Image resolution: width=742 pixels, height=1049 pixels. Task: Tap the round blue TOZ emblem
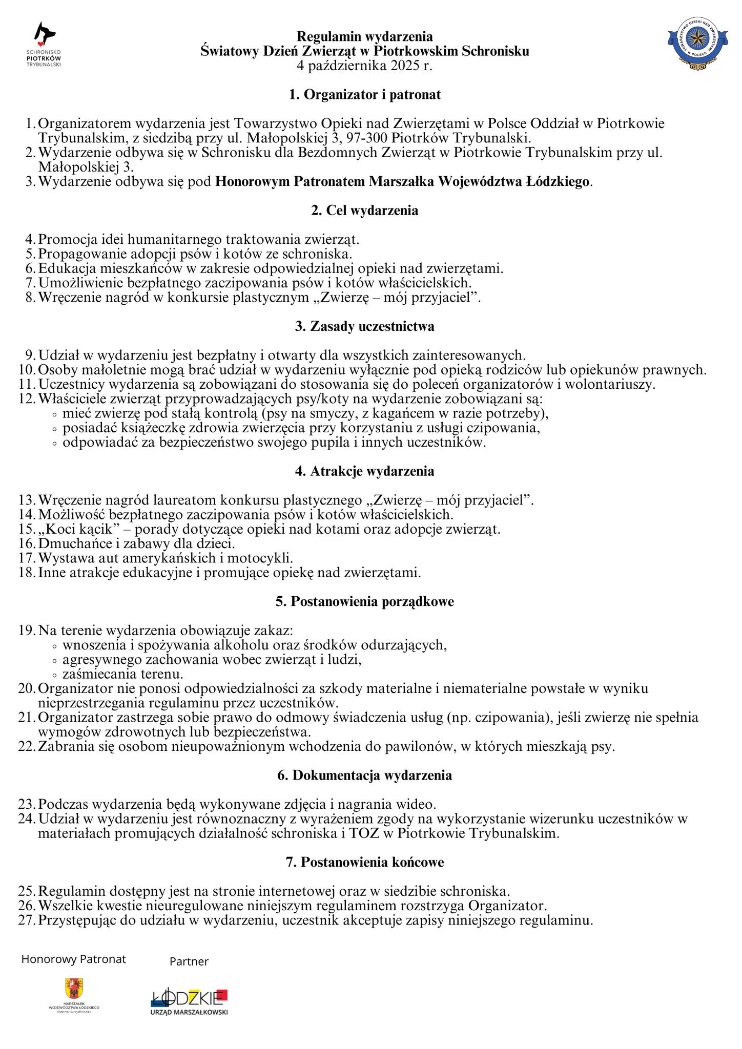[697, 43]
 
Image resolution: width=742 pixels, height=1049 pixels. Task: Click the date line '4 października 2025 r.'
[365, 66]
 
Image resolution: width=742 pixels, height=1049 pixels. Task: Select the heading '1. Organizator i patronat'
[365, 94]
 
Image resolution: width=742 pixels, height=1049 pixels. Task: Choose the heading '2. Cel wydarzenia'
[365, 211]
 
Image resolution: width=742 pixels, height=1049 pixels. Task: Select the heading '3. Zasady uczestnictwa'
[365, 326]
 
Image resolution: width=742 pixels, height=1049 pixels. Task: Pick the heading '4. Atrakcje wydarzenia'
[365, 471]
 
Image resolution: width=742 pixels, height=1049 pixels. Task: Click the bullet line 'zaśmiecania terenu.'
[123, 674]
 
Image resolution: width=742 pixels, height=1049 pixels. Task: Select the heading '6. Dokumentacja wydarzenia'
[365, 775]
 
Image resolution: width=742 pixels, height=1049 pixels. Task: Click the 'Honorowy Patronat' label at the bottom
[73, 959]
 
